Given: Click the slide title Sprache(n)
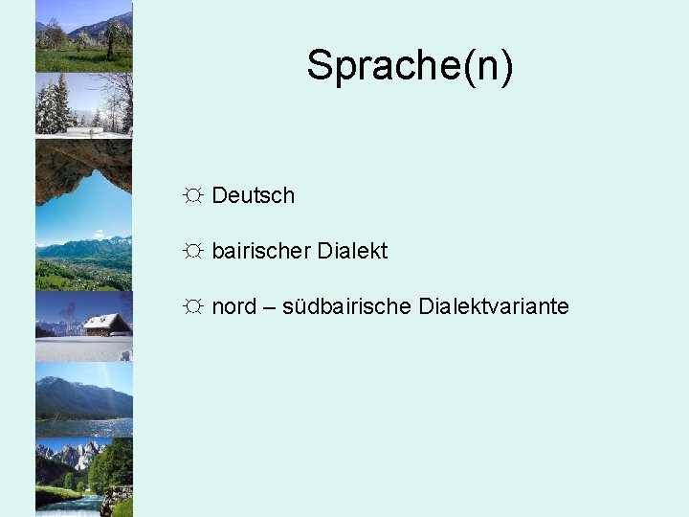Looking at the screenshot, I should click(410, 66).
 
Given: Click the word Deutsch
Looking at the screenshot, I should click(253, 196).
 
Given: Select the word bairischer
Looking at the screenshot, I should click(260, 252).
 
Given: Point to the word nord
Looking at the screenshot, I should click(233, 307).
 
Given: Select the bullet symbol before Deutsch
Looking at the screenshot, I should click(193, 196).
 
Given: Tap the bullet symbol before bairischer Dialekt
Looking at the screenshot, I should click(193, 252).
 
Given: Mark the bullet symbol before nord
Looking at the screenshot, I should click(193, 307).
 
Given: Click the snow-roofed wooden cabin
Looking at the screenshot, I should click(106, 324).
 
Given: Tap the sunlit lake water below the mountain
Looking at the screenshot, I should click(84, 427).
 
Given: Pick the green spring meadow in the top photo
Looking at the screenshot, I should click(83, 59).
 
